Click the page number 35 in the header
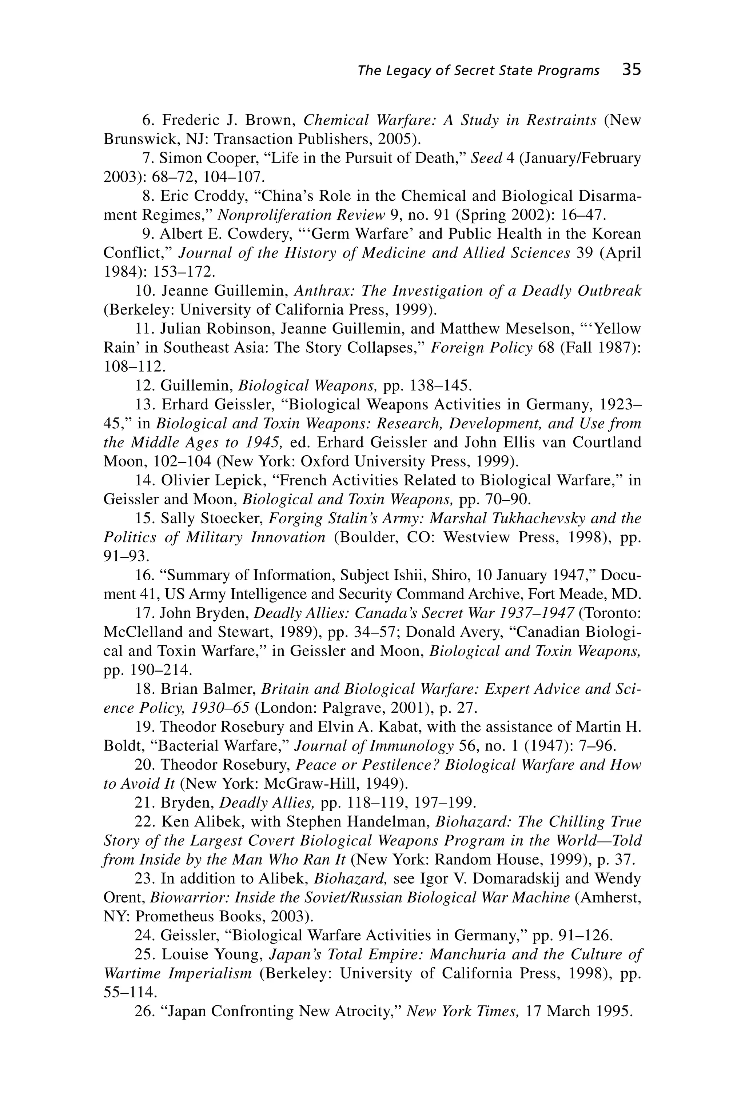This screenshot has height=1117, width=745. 632,70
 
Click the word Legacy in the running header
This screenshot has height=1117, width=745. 408,71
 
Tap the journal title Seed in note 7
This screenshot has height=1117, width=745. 486,158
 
